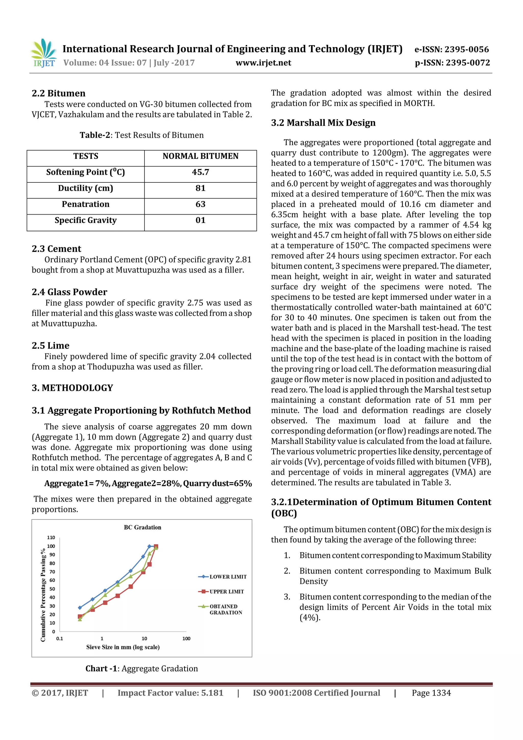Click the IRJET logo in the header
click(x=44, y=53)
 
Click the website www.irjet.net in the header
click(x=263, y=63)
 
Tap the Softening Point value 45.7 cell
click(x=200, y=172)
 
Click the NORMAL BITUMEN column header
click(x=200, y=156)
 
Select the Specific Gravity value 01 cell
click(x=200, y=220)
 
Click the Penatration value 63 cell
click(x=200, y=204)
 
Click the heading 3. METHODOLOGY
click(x=72, y=388)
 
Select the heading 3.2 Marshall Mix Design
click(x=323, y=123)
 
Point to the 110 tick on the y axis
click(x=51, y=538)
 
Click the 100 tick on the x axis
click(x=186, y=639)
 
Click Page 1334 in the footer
click(x=431, y=693)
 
